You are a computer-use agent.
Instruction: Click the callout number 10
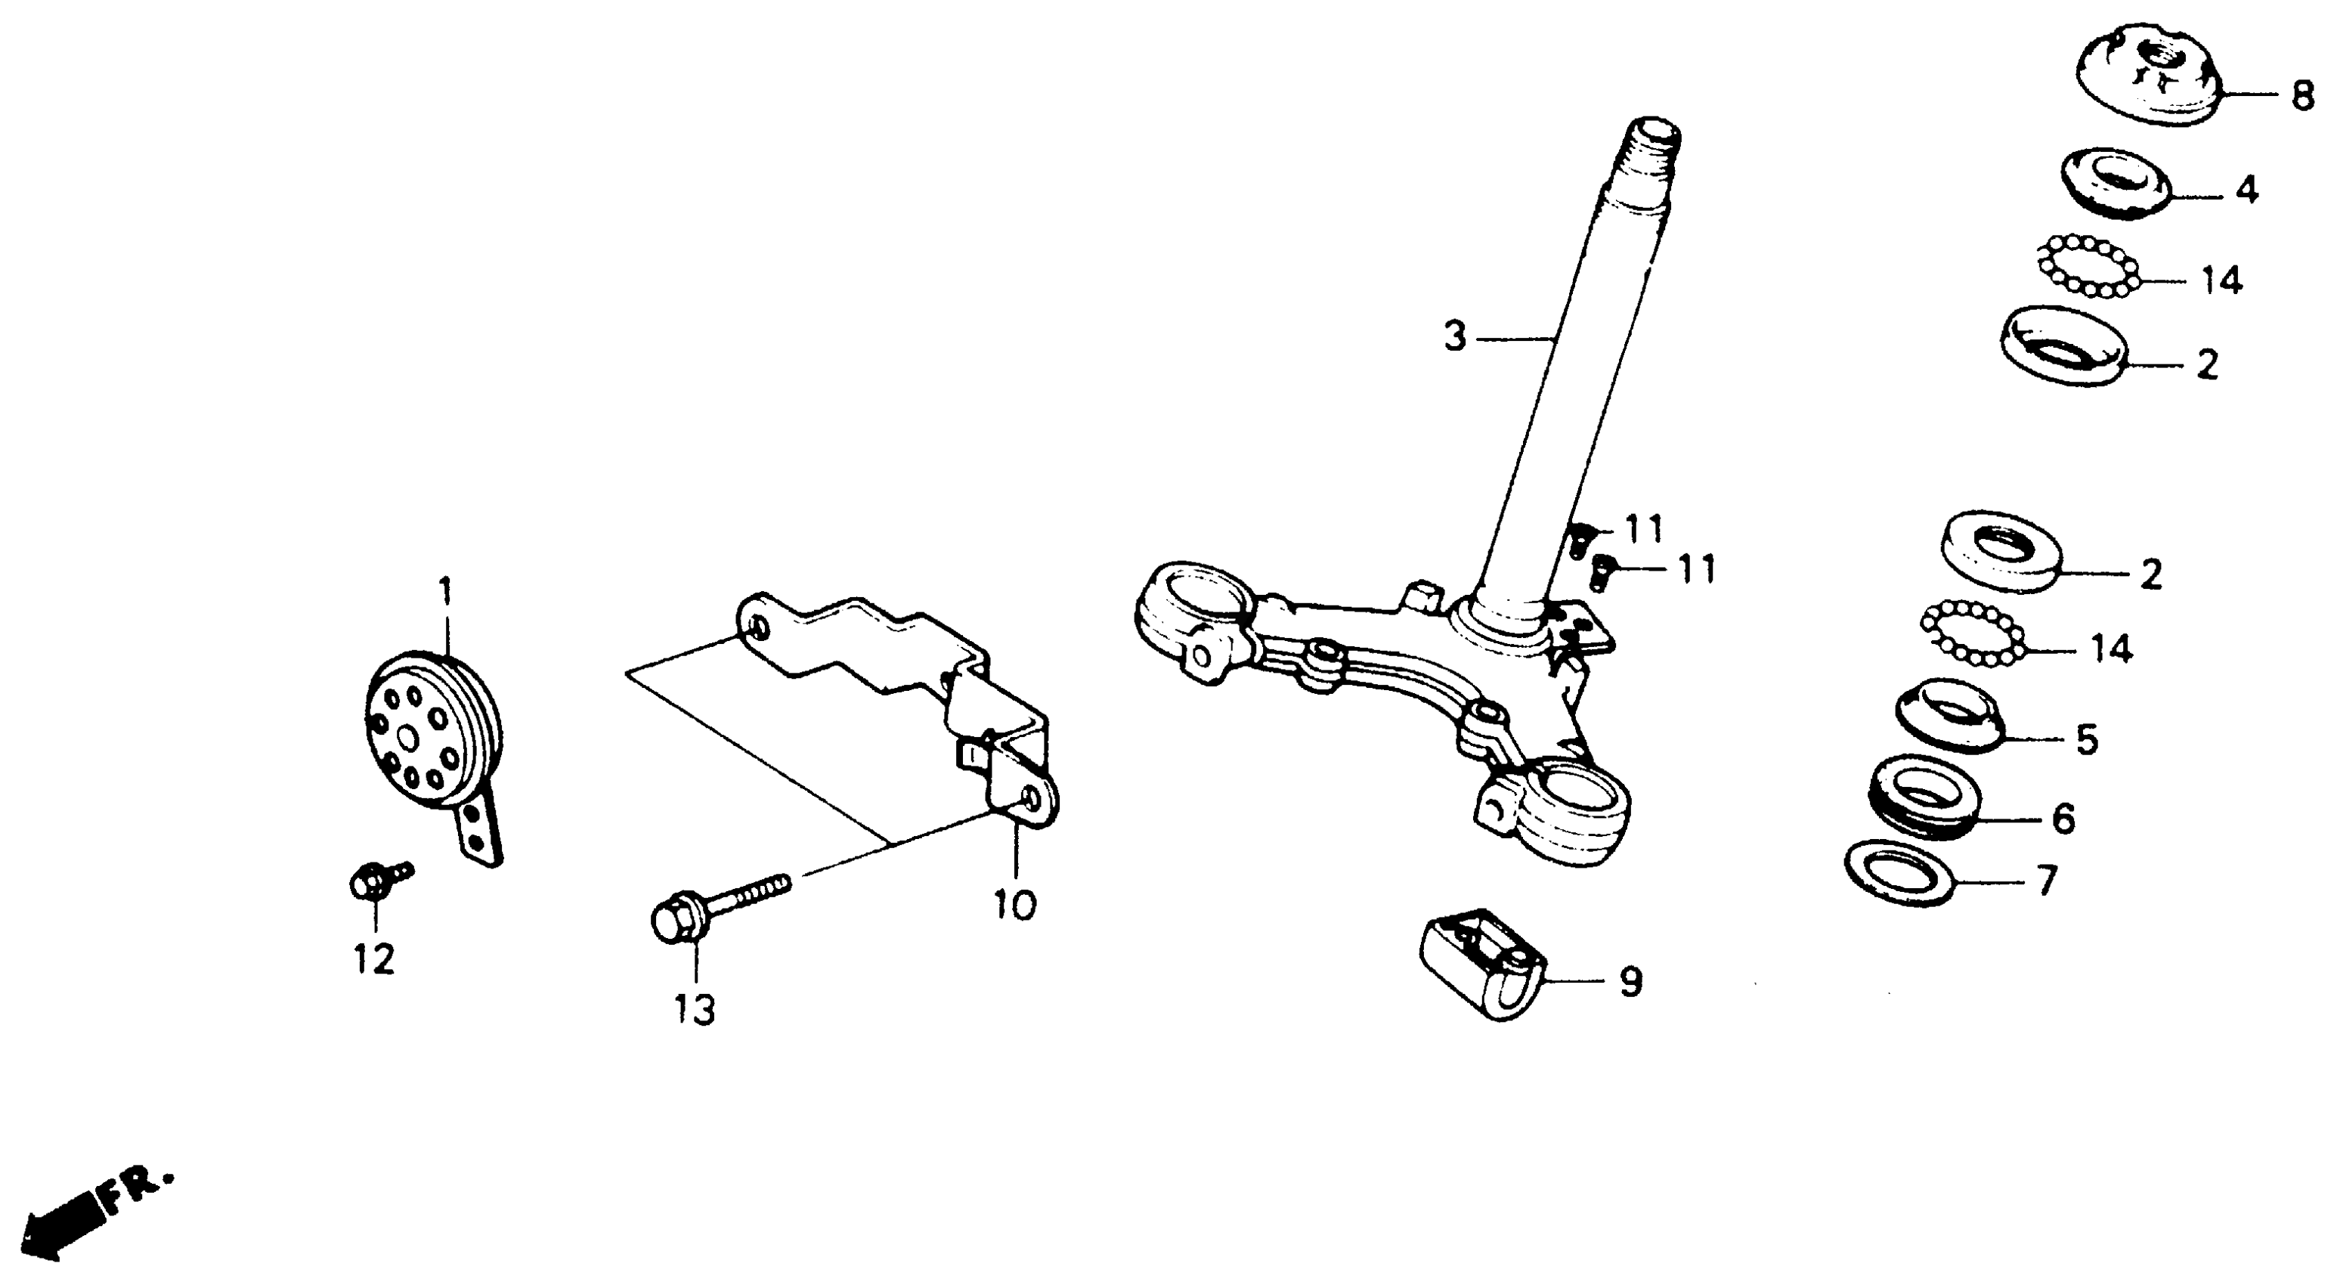tap(1015, 903)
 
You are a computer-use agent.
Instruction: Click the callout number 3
tap(1454, 338)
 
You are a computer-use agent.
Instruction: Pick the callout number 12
tap(374, 958)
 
